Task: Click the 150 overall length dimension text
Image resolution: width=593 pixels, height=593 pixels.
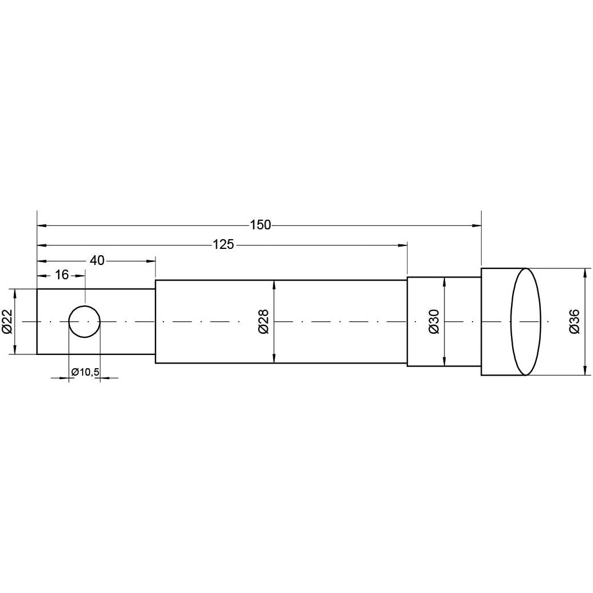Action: [260, 225]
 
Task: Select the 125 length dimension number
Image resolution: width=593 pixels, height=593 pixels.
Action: [223, 245]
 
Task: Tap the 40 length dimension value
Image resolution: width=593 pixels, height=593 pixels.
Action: [97, 260]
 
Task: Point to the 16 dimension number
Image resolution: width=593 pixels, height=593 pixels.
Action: [62, 275]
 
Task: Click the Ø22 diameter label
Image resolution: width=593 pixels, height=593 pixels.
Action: [7, 322]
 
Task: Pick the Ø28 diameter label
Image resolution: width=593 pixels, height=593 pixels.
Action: [264, 322]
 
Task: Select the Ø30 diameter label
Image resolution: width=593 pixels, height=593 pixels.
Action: [434, 322]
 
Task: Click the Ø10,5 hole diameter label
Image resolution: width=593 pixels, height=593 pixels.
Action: [85, 373]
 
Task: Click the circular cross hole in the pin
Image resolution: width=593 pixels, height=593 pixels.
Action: [85, 322]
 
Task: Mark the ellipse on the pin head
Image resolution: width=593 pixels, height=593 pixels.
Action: [525, 322]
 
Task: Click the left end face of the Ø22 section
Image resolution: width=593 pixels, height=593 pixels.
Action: [37, 322]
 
